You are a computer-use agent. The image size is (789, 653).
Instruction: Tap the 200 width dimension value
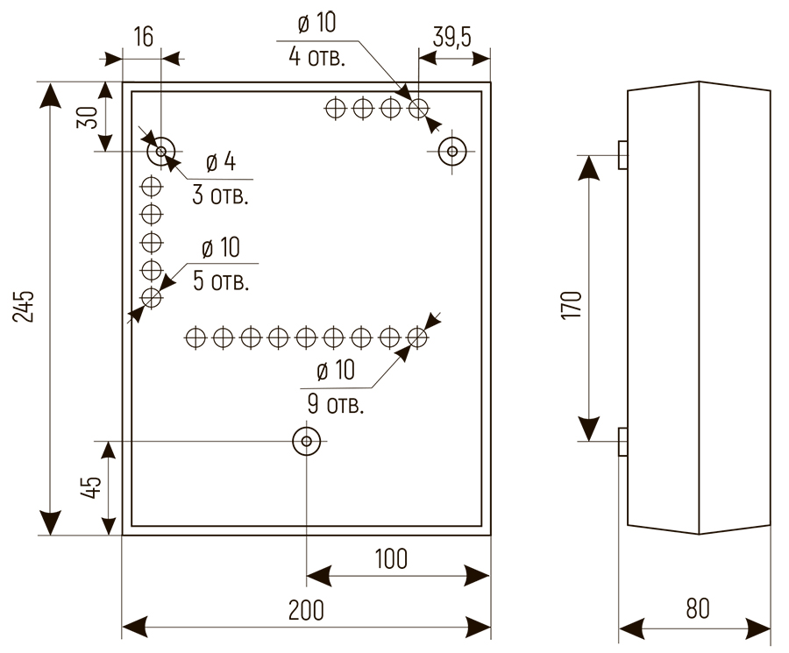305,610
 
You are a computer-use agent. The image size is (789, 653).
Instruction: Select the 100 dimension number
391,558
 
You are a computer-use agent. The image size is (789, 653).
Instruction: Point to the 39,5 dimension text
453,39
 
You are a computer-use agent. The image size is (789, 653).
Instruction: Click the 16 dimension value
143,37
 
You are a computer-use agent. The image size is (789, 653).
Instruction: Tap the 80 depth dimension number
698,610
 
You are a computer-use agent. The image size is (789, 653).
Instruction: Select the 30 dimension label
87,117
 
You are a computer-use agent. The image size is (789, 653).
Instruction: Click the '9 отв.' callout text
336,405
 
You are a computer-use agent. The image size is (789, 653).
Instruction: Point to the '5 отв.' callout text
220,282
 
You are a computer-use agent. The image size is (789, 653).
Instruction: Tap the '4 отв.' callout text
316,59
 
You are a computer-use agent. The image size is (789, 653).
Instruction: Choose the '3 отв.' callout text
221,195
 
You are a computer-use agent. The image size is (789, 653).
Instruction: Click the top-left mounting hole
160,153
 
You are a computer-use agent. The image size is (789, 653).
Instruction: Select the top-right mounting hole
452,152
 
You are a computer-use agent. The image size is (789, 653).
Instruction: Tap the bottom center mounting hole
306,441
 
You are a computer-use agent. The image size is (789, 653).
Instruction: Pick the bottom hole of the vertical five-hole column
152,297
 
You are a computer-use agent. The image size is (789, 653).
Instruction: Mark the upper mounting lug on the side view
622,154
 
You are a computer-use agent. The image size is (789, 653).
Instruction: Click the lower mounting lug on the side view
622,441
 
